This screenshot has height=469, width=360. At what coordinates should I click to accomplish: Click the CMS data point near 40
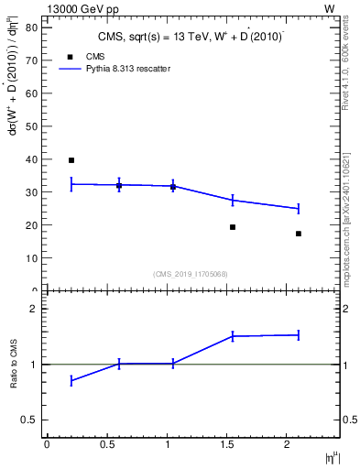coord(71,160)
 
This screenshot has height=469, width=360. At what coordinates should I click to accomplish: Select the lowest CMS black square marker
coord(299,234)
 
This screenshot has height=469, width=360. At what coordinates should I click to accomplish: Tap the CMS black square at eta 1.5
coord(233,227)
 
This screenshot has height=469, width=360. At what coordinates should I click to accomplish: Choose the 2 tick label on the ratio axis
coord(33,309)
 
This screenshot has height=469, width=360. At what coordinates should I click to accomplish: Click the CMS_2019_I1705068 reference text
coord(190,274)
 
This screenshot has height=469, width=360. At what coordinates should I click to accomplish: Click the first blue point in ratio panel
coord(71,380)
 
